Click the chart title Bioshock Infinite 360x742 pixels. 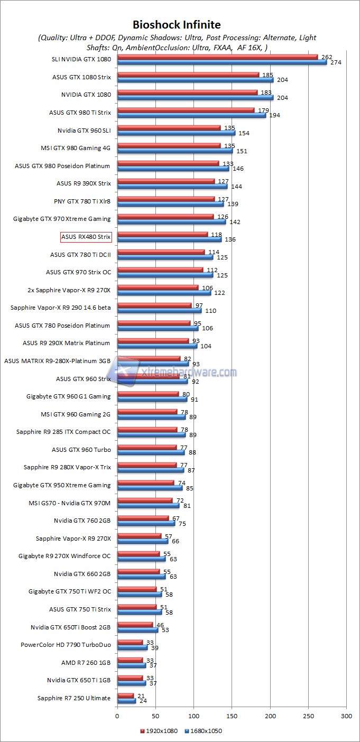click(x=177, y=25)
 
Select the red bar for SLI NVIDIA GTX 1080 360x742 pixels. click(x=217, y=57)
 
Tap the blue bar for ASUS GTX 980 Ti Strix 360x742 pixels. click(x=191, y=115)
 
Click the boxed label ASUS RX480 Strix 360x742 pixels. click(x=86, y=237)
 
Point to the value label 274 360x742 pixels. click(x=336, y=62)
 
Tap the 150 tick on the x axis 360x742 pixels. click(x=232, y=716)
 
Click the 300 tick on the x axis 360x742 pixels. click(x=347, y=716)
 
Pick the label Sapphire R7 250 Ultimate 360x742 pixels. click(x=74, y=698)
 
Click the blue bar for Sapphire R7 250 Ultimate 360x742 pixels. click(x=126, y=701)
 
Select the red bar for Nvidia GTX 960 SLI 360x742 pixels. click(x=169, y=128)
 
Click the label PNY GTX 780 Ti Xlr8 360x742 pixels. click(x=82, y=201)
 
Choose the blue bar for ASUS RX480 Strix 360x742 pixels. click(x=169, y=239)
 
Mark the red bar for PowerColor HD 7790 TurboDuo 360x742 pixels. click(x=130, y=643)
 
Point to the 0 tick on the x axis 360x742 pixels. click(x=117, y=716)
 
